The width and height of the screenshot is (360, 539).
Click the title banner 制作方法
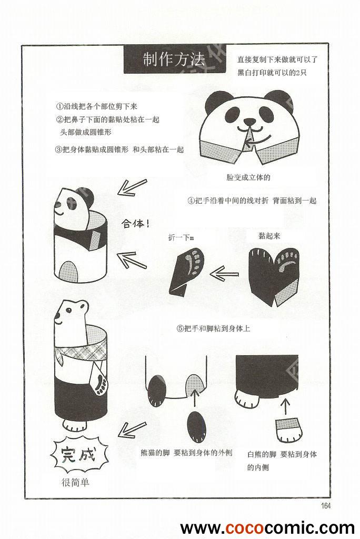[x=174, y=59]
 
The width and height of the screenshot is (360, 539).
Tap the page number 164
[x=325, y=506]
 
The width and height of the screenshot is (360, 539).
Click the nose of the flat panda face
[x=249, y=122]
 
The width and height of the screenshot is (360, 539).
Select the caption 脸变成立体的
[x=248, y=177]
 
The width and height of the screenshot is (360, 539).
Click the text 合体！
[x=135, y=224]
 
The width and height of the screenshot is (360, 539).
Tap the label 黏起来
[x=269, y=236]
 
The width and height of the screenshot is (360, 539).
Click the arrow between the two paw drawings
[x=224, y=274]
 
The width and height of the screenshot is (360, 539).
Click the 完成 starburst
[x=79, y=455]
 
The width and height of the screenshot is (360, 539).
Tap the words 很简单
[x=75, y=483]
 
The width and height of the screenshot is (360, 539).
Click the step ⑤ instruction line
[x=213, y=328]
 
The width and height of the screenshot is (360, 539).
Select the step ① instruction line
[x=97, y=106]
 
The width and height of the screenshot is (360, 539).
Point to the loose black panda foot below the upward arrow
[x=197, y=426]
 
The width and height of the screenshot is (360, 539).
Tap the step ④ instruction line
[x=252, y=201]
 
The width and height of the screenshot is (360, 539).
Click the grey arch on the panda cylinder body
[x=69, y=271]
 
